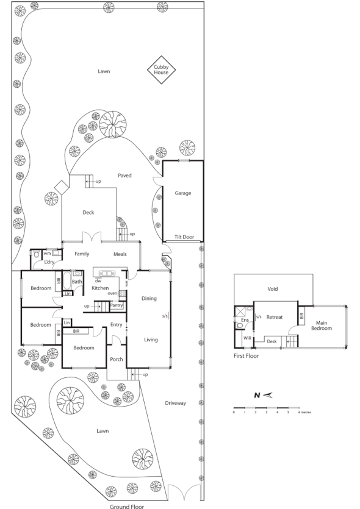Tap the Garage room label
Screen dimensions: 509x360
[x=183, y=193]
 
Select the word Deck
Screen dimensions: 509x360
[x=88, y=213]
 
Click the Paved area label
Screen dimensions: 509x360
[x=124, y=176]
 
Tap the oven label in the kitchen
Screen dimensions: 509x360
[x=112, y=293]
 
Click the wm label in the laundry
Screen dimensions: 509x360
[x=46, y=253]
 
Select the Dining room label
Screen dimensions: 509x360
[x=149, y=299]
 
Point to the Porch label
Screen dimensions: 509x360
[x=117, y=360]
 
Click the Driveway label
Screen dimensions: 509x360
[x=175, y=403]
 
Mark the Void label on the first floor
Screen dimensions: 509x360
[x=273, y=289]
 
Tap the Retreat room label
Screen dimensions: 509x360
[x=275, y=317]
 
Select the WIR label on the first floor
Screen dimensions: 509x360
[x=247, y=336]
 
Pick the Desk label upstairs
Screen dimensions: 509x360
[x=272, y=341]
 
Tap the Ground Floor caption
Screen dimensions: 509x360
[x=126, y=505]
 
